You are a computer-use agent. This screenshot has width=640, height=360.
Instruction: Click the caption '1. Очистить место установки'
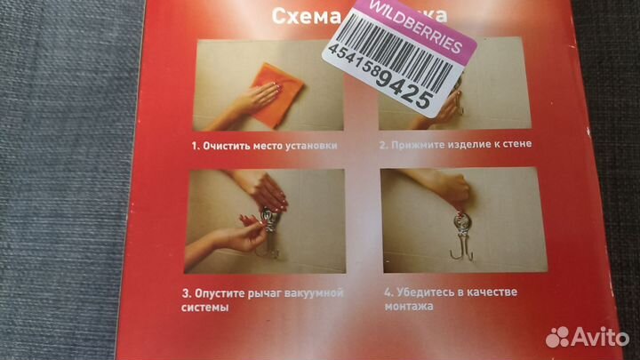click(264, 144)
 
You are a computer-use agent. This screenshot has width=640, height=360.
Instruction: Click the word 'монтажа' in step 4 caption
click(406, 307)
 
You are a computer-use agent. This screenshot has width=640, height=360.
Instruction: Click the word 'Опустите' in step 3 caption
click(227, 292)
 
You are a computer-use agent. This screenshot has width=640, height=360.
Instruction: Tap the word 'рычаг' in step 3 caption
click(268, 292)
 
